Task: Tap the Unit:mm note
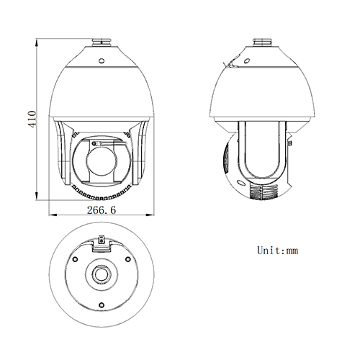277,251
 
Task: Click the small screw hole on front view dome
101,60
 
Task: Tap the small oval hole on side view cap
246,60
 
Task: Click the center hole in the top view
99,276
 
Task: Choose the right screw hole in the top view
127,259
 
